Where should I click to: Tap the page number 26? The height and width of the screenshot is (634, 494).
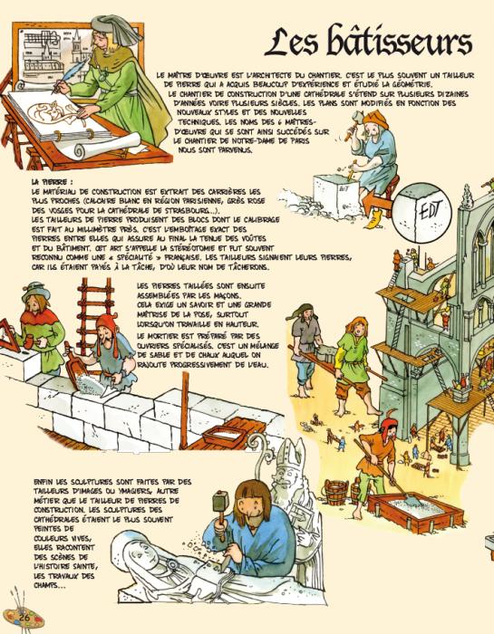point(24,617)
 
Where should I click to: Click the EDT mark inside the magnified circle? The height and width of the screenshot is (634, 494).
point(429,210)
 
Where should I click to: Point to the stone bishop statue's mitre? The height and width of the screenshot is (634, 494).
point(291,452)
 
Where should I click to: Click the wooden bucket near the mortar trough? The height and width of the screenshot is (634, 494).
point(336,492)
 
